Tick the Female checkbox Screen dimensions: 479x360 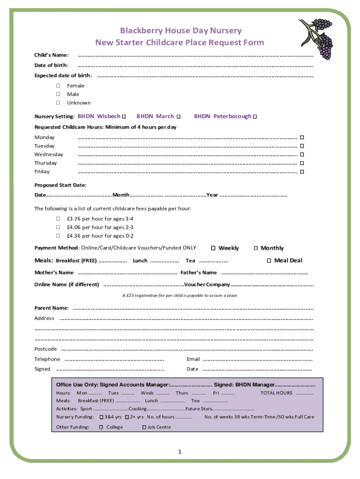(x=58, y=86)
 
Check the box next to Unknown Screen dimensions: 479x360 (x=58, y=102)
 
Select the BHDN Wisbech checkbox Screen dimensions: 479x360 (x=124, y=116)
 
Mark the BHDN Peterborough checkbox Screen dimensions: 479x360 (x=255, y=116)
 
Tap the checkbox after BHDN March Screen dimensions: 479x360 (x=178, y=116)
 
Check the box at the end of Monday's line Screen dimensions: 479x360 (x=302, y=138)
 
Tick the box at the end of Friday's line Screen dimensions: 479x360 (x=302, y=172)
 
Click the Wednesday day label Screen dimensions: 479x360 (x=49, y=154)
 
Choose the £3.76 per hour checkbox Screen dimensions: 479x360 (x=58, y=218)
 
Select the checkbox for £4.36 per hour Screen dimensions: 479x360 (x=58, y=236)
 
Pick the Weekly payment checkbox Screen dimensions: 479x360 (x=213, y=248)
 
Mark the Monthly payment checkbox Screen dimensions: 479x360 (x=256, y=248)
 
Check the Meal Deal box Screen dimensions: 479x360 (x=269, y=261)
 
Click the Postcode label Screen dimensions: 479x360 (x=46, y=349)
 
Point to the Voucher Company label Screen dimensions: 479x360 (x=207, y=284)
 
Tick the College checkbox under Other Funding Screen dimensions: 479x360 (x=101, y=427)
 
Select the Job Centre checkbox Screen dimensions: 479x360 (x=144, y=427)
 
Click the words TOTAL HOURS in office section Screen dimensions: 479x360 (x=276, y=393)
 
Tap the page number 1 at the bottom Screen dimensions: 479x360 (x=179, y=451)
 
